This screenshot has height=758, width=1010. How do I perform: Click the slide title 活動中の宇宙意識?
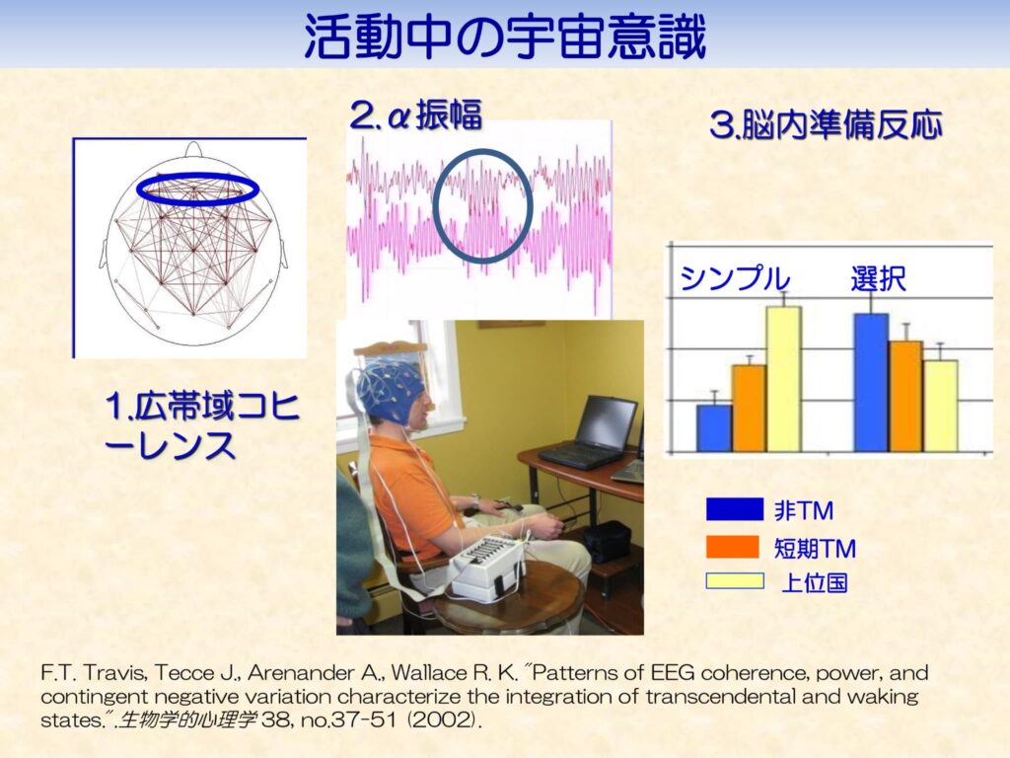pos(504,38)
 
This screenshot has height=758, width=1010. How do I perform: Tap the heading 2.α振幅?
pos(415,116)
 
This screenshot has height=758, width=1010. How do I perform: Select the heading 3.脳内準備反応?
pos(825,126)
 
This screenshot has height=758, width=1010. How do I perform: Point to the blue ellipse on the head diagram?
pos(196,189)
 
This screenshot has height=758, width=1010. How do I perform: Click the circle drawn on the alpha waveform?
pos(482,204)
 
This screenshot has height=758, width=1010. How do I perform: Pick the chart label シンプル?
pos(735,279)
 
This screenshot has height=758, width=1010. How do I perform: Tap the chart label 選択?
pos(878,279)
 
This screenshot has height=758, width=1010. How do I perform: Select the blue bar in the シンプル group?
pos(714,427)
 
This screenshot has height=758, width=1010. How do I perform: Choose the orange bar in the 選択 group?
pos(905,396)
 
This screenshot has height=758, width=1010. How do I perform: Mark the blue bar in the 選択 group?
pos(871,382)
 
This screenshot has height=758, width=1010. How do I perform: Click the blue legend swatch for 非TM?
pos(734,509)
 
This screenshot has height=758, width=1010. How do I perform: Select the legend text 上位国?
pos(814,582)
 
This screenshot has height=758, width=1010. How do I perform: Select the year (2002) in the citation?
pos(449,721)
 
